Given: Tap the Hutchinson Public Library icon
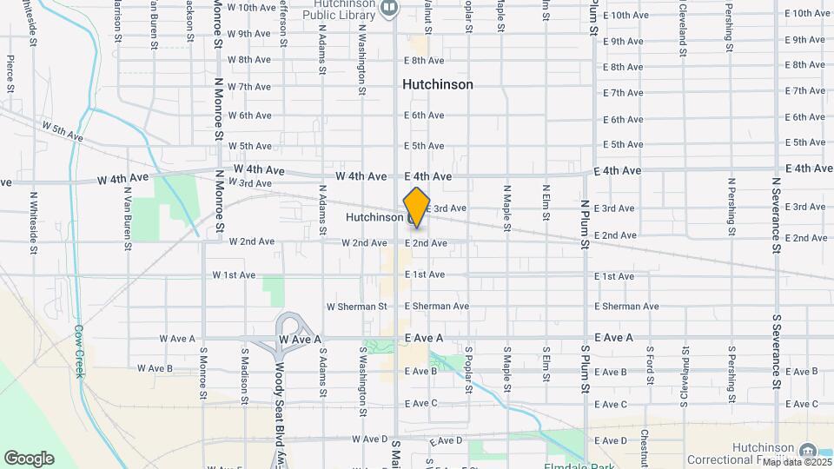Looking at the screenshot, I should (388, 9).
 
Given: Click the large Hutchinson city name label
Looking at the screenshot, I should (438, 84).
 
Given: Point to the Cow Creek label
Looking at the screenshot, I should (79, 351).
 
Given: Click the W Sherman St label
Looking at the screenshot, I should (356, 307).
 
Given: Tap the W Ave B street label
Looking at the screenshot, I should (156, 368).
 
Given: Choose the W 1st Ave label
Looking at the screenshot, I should (234, 275).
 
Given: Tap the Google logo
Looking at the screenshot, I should (29, 458).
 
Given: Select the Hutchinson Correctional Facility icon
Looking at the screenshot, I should (808, 450).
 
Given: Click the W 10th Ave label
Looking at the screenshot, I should (252, 7).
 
